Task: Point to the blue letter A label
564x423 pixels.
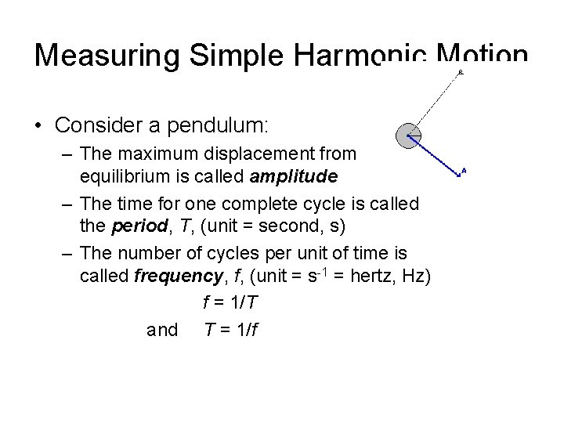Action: tap(465, 170)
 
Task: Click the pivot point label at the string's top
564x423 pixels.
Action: tap(461, 72)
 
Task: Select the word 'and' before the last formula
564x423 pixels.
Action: tap(162, 329)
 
